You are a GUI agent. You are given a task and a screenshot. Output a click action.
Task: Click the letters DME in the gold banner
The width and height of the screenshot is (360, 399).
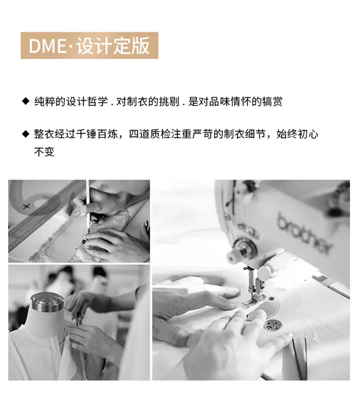click(48, 46)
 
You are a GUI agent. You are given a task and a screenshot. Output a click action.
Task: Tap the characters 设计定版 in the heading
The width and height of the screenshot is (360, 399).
click(113, 46)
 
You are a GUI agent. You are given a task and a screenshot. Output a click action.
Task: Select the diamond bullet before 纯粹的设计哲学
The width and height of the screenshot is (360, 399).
click(26, 101)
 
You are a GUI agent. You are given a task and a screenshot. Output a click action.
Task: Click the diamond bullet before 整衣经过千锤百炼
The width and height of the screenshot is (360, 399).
click(26, 133)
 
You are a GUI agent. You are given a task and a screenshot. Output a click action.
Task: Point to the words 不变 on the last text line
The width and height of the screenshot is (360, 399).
click(44, 152)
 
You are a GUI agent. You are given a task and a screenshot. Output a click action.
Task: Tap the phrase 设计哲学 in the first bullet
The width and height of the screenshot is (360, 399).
click(87, 101)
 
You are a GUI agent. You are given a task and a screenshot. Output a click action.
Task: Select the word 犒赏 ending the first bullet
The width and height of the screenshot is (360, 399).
click(272, 101)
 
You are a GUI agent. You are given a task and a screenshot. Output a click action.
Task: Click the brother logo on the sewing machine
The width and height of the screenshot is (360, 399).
click(304, 233)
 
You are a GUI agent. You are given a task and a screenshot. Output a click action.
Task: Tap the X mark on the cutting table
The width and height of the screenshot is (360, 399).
click(26, 206)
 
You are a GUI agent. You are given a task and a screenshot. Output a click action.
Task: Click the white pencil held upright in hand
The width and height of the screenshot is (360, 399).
click(88, 204)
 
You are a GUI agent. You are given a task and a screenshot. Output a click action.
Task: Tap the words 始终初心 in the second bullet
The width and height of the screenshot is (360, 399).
click(297, 134)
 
